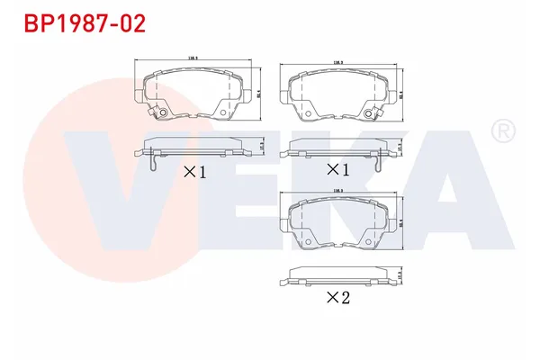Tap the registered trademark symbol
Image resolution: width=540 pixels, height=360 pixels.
click(500, 132)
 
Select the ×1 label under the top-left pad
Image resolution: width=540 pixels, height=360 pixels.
click(195, 171)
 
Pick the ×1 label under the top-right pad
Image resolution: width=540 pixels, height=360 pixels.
click(337, 169)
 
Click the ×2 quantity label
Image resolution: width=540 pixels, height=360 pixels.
click(337, 297)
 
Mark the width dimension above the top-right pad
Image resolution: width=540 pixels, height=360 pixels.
click(338, 63)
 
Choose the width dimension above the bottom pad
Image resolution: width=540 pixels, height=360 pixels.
click(338, 191)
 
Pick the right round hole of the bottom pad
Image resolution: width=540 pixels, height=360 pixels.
click(370, 241)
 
